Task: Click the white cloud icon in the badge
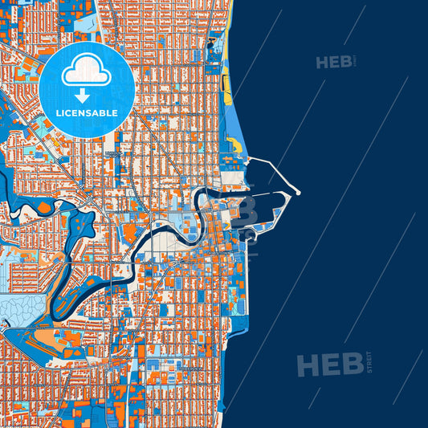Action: coord(87,73)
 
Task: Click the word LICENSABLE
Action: coord(87,113)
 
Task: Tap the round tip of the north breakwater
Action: coord(298,192)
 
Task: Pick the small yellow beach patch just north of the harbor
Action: coord(234,145)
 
